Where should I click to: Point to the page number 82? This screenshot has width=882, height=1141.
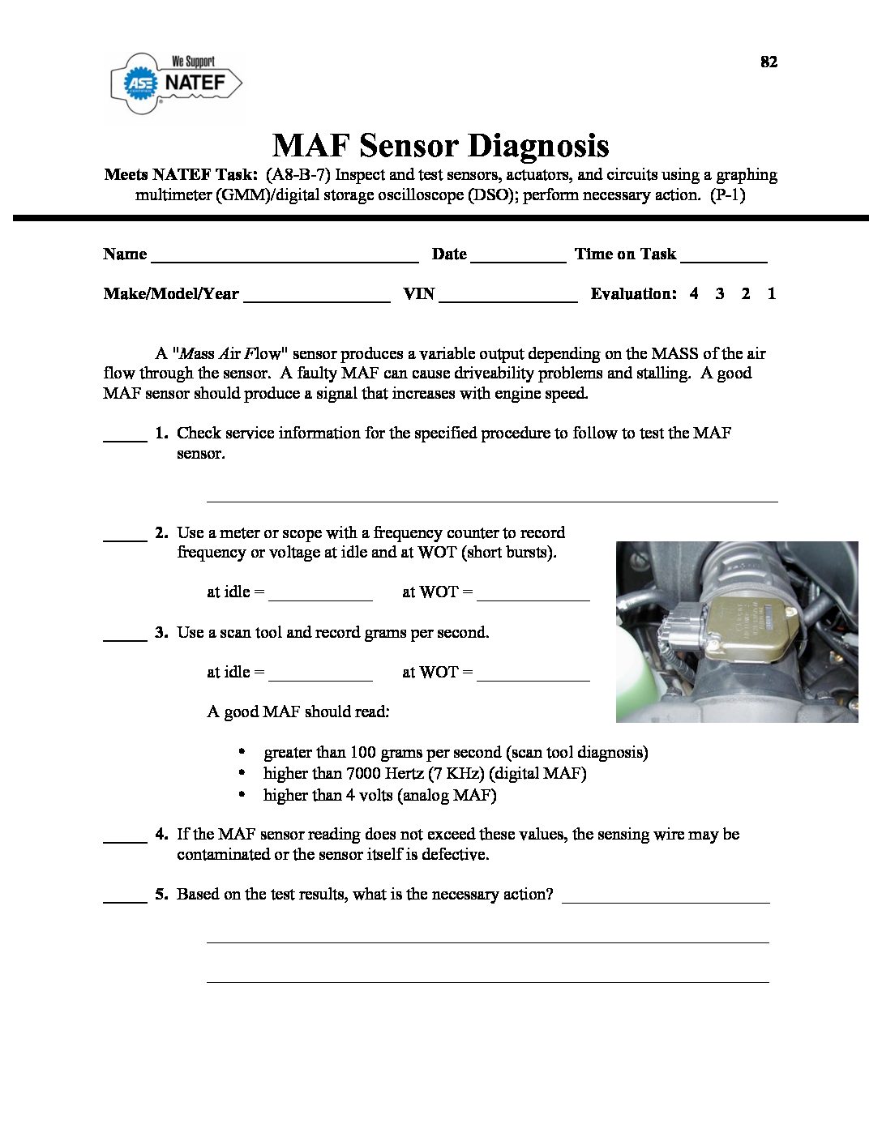click(x=769, y=62)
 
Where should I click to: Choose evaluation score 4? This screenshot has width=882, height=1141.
click(x=694, y=294)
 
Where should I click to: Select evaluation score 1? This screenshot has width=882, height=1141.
click(x=771, y=294)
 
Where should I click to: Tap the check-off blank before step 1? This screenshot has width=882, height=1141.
click(x=125, y=438)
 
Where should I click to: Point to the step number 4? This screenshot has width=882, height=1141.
click(x=161, y=834)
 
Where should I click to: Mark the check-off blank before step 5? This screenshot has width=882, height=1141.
click(x=125, y=899)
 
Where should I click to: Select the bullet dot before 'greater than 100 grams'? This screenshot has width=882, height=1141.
click(x=242, y=752)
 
